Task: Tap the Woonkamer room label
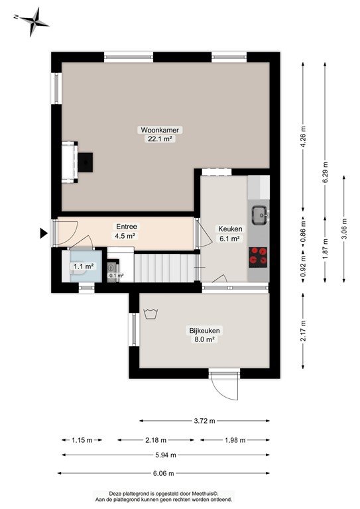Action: coord(161,130)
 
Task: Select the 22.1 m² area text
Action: coord(161,139)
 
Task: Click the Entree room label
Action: coord(127,226)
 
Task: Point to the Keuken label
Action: coord(231,229)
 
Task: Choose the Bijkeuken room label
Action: coord(204,330)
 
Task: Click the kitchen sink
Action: coord(259,213)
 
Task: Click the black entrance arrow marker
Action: coord(44,233)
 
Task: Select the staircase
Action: coord(159,266)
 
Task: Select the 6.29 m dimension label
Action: coord(325,174)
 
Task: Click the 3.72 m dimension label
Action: coord(204,420)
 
